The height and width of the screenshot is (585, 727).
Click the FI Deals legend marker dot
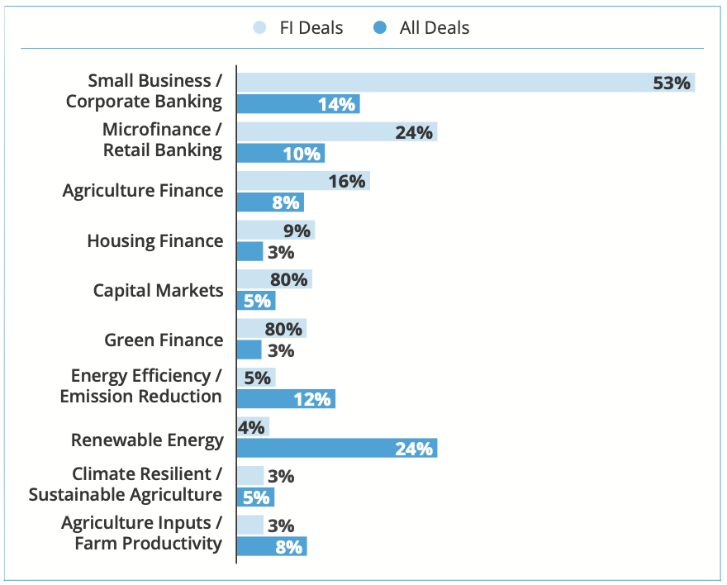point(259,28)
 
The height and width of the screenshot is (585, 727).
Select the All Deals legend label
point(434,28)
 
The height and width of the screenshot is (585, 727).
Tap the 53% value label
point(671,83)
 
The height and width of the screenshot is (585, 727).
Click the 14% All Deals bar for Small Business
point(297,104)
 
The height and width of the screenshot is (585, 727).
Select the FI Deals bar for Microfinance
point(336,132)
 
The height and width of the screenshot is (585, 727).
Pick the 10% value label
point(302,154)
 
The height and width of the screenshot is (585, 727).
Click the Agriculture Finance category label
point(143,190)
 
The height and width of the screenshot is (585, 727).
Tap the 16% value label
point(347,181)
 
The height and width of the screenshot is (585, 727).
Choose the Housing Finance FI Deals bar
point(275,231)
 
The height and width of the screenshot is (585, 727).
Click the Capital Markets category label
point(158,290)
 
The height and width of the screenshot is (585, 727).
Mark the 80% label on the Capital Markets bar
point(289,279)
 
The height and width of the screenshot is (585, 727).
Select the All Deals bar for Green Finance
point(249,350)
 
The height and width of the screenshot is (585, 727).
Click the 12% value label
point(312,399)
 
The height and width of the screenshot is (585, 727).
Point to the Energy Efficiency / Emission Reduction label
point(141,386)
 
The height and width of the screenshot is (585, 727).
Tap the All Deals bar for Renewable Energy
point(336,449)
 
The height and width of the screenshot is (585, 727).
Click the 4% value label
point(251,427)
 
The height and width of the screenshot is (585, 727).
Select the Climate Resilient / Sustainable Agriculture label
point(126,484)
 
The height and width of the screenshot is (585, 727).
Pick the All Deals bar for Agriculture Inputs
point(271,546)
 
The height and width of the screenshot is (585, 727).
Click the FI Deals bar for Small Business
point(465,83)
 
